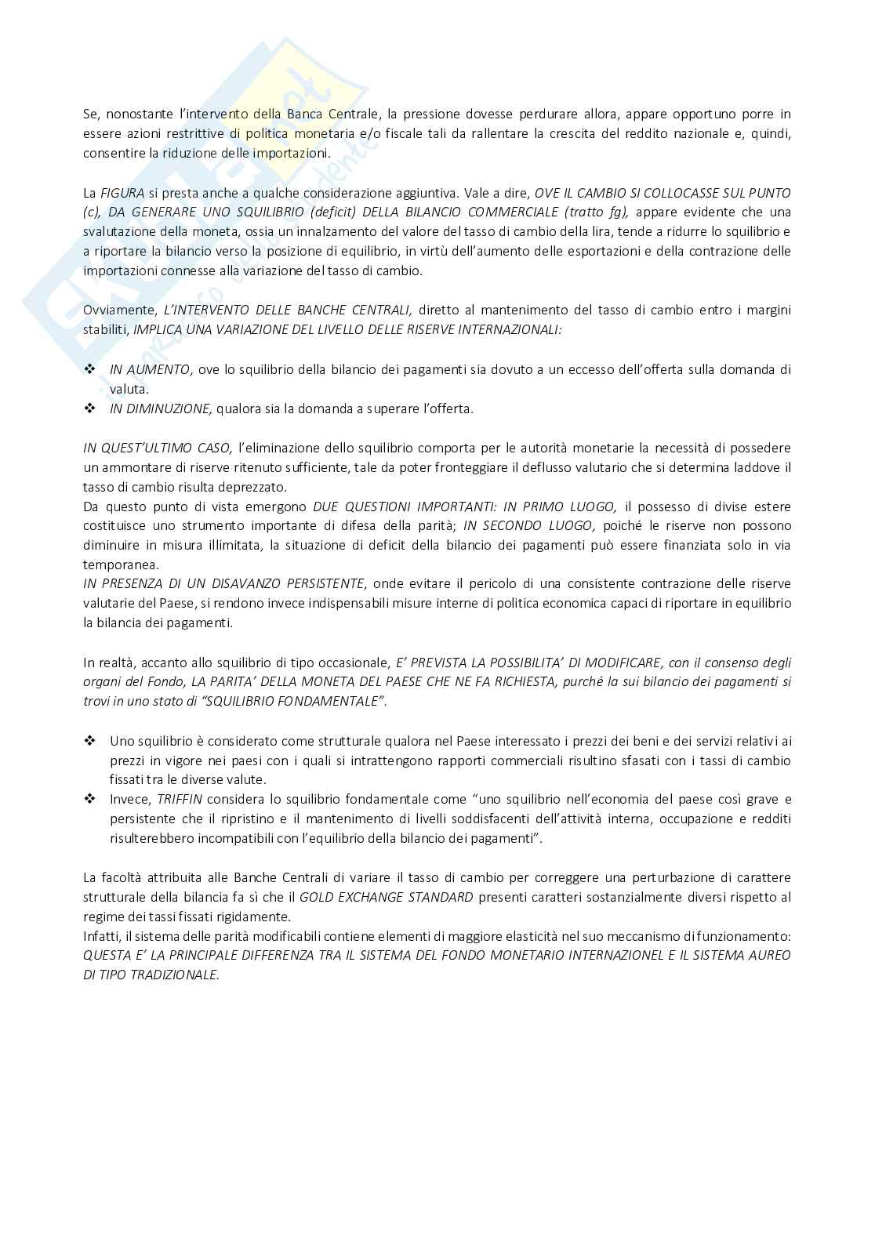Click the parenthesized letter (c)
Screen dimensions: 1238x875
click(x=91, y=212)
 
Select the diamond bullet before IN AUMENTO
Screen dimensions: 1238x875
click(x=89, y=368)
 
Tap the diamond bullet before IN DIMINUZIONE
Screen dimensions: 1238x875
click(x=89, y=408)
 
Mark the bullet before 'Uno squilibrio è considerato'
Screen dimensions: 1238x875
click(x=89, y=740)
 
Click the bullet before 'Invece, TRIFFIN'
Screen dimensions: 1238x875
click(x=89, y=799)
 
